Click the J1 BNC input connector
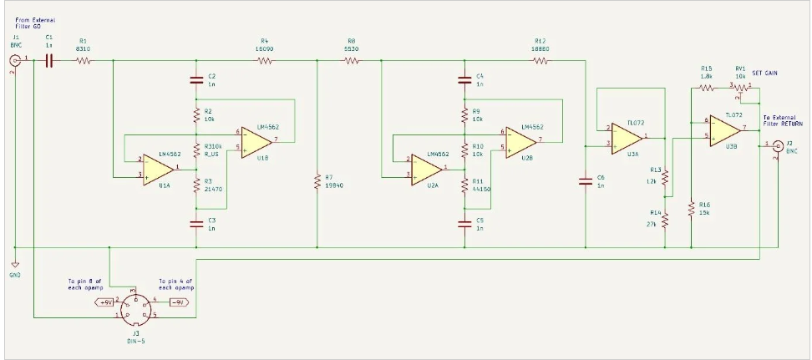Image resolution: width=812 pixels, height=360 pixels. click(15, 61)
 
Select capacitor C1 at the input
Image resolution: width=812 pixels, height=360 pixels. click(49, 60)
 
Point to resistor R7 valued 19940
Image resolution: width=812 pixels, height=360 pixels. click(318, 181)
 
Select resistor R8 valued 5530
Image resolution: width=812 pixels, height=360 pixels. click(350, 60)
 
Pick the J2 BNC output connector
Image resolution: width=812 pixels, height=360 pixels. click(777, 145)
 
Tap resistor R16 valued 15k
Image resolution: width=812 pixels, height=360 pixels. click(692, 209)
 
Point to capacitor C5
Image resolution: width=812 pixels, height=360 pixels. click(464, 223)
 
